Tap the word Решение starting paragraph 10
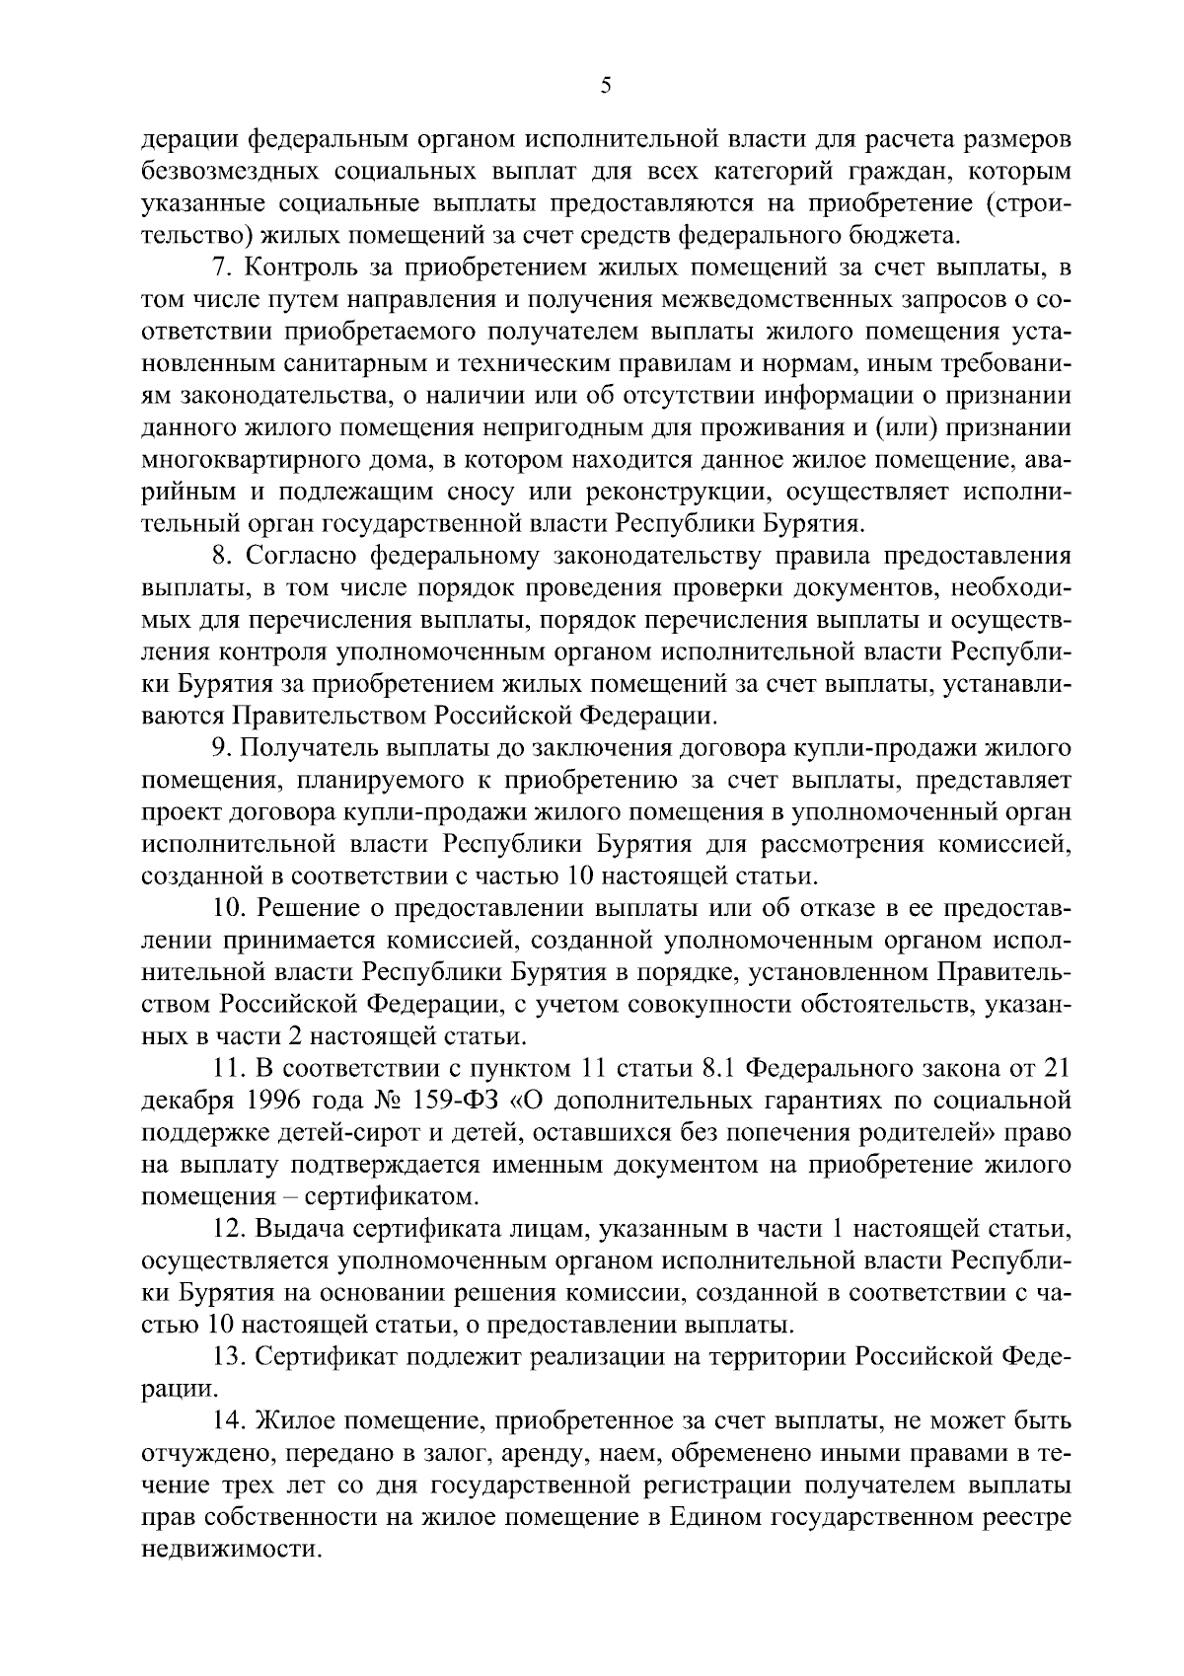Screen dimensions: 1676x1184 point(306,908)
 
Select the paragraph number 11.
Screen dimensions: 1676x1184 point(229,1069)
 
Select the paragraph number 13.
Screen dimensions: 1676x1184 point(229,1358)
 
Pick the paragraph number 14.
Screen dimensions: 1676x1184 point(229,1422)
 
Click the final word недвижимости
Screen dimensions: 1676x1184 point(232,1551)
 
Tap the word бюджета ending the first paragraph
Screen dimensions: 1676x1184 point(910,235)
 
